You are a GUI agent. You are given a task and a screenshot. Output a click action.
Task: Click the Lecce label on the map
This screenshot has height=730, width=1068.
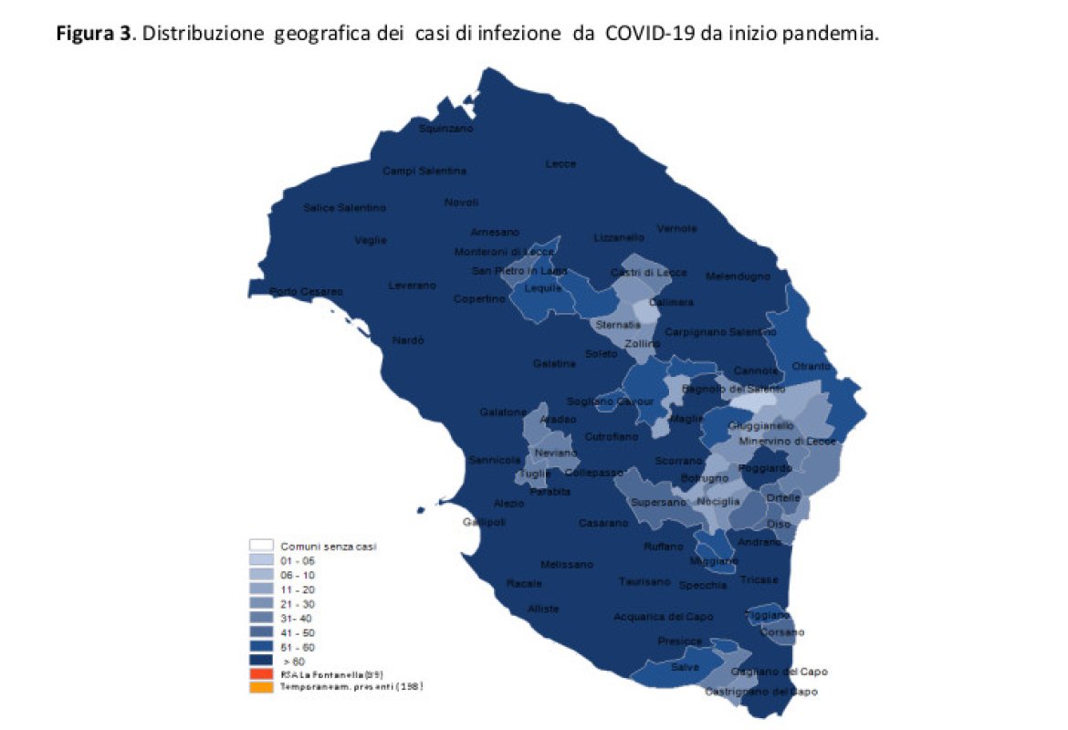pyautogui.click(x=560, y=164)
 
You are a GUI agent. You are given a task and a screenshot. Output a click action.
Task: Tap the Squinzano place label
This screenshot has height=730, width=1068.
pyautogui.click(x=445, y=129)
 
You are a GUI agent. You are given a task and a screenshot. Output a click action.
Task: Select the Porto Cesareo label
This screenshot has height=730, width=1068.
pyautogui.click(x=306, y=292)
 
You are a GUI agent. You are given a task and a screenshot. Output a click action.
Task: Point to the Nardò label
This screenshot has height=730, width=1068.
pyautogui.click(x=408, y=340)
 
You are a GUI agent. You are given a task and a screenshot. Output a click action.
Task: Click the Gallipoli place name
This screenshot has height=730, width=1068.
pyautogui.click(x=484, y=522)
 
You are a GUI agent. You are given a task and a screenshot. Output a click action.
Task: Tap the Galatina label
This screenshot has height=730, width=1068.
pyautogui.click(x=555, y=364)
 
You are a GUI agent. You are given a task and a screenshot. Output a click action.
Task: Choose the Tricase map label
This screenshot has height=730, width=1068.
pyautogui.click(x=759, y=580)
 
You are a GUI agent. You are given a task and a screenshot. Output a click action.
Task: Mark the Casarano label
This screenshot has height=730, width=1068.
pyautogui.click(x=603, y=524)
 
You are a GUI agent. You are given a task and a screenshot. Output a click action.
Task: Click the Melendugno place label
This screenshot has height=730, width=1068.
pyautogui.click(x=738, y=276)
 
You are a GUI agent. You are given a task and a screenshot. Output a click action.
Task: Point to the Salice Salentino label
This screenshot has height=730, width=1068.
pyautogui.click(x=344, y=208)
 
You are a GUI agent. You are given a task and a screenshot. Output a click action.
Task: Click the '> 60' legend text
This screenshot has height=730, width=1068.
pyautogui.click(x=293, y=660)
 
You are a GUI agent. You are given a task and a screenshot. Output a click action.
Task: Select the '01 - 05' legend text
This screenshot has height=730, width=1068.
pyautogui.click(x=297, y=559)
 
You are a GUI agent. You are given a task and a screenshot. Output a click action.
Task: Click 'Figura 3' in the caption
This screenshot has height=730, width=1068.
pyautogui.click(x=93, y=35)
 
